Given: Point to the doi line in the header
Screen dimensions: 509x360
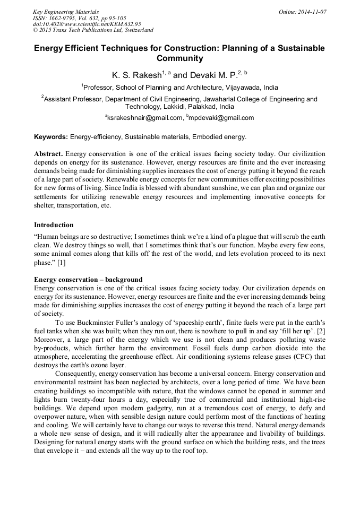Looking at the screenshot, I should click(x=87, y=24).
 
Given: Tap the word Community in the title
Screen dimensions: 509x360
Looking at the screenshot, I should click(x=179, y=58).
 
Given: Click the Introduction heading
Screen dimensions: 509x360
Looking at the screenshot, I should click(x=54, y=225).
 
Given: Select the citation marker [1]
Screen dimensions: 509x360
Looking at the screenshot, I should click(x=62, y=263).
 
